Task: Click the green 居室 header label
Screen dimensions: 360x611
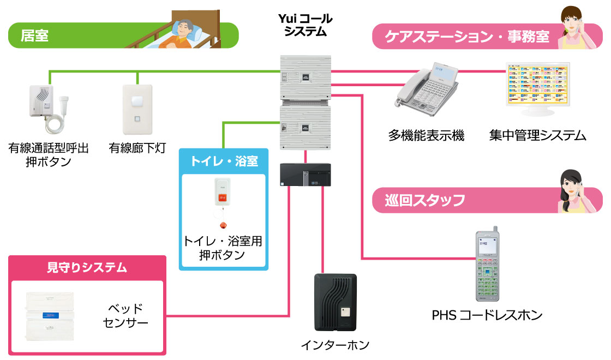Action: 35,36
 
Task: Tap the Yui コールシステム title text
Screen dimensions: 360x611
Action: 305,25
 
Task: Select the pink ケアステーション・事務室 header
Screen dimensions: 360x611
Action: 467,37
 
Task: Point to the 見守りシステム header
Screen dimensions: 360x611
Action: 87,267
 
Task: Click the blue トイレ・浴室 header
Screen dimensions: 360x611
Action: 224,161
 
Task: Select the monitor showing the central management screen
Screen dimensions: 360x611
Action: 538,87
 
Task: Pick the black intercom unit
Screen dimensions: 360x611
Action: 335,303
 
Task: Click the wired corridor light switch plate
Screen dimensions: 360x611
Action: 137,110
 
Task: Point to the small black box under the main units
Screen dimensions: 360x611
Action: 305,175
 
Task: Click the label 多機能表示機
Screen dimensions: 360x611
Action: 426,135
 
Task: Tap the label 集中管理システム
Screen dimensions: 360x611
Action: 537,135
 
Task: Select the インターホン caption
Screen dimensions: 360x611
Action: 335,345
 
